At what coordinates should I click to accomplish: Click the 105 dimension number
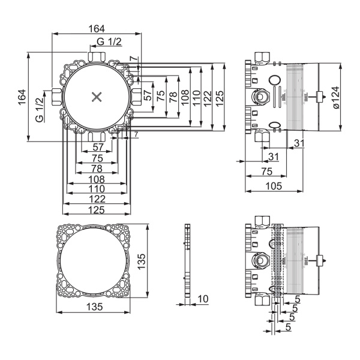(273, 187)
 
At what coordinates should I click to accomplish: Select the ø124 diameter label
(335, 97)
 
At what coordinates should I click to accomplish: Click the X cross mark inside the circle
(96, 96)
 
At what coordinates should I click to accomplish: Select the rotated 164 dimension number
(22, 97)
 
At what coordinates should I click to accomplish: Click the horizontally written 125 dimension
(96, 209)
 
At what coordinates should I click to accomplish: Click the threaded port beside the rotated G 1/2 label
(55, 96)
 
